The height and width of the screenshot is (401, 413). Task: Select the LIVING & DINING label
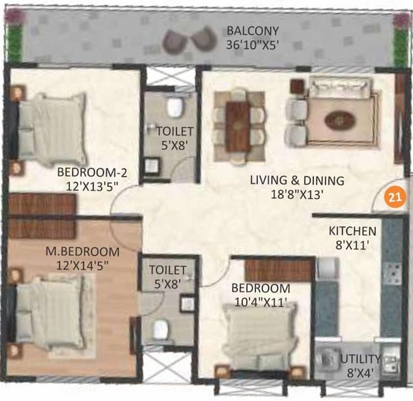pyautogui.click(x=297, y=181)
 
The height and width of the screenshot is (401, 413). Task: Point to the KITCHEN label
pyautogui.click(x=352, y=231)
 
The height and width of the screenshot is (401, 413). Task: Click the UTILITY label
pyautogui.click(x=361, y=358)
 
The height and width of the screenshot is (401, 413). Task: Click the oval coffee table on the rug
pyautogui.click(x=339, y=120)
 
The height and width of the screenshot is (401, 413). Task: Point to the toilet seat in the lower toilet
pyautogui.click(x=161, y=331)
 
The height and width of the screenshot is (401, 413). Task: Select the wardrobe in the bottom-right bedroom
pyautogui.click(x=279, y=269)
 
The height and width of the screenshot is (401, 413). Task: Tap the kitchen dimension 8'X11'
pyautogui.click(x=352, y=245)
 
